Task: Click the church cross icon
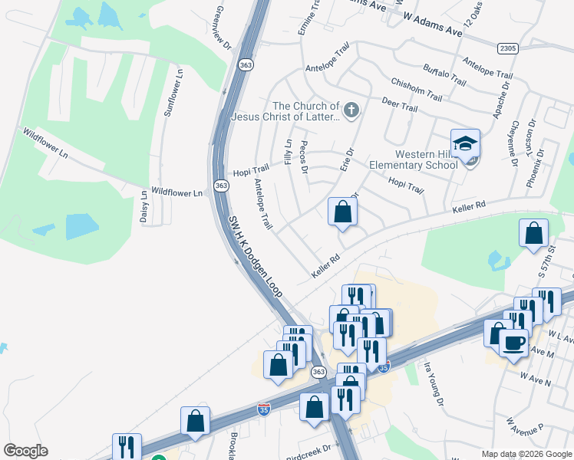[x=352, y=111]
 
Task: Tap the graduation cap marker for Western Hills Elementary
[x=465, y=144]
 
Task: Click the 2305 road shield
[x=507, y=48]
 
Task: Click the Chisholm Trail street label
[x=417, y=90]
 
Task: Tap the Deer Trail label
[x=399, y=107]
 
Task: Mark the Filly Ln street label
[x=289, y=151]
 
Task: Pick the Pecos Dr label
[x=305, y=156]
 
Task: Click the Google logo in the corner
[x=25, y=451]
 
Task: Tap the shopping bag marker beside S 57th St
[x=533, y=235]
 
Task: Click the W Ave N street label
[x=536, y=378]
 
